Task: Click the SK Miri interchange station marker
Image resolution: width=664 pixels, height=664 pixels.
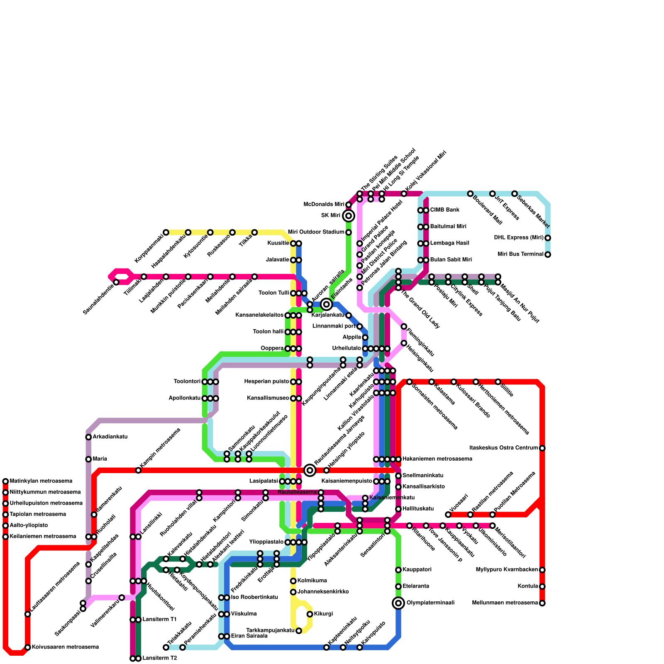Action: (x=349, y=216)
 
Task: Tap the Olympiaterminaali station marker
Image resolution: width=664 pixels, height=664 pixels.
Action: (x=398, y=603)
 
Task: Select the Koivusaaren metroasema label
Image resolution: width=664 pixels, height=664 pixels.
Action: (x=65, y=647)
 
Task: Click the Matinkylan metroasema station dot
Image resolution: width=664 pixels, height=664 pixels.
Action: (x=5, y=481)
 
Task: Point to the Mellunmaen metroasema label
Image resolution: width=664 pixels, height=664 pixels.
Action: (x=505, y=603)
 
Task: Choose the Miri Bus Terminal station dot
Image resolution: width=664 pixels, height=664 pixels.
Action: (x=548, y=254)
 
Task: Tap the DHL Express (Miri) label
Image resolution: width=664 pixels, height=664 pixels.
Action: (x=518, y=238)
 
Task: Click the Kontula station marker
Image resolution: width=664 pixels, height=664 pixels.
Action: (x=542, y=586)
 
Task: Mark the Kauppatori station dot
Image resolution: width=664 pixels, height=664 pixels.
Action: (x=398, y=570)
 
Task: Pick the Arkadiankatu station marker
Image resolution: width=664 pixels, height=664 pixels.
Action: (x=88, y=437)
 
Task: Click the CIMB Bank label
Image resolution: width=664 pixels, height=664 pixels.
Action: (x=444, y=210)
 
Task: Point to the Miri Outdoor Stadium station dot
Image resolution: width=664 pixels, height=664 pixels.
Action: (x=349, y=232)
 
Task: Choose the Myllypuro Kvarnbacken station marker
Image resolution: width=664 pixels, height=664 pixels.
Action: (x=542, y=570)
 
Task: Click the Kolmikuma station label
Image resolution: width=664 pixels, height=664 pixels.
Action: (x=312, y=581)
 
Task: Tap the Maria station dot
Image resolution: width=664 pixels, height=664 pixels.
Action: (x=88, y=459)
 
